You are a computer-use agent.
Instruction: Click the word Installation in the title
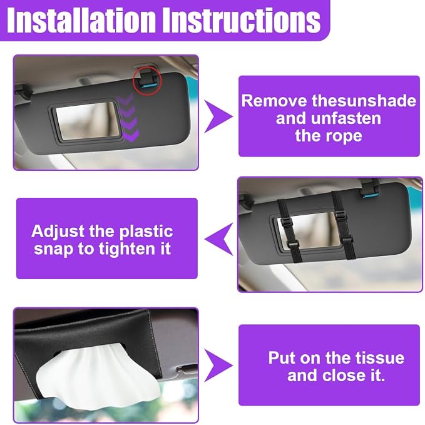[81, 20]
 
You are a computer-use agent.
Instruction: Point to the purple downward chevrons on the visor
[128, 118]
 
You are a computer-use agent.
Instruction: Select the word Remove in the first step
[274, 101]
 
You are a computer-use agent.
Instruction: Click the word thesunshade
[364, 101]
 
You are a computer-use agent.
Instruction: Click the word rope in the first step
[344, 136]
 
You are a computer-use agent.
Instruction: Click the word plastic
[146, 232]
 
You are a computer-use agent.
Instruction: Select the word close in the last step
[344, 376]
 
